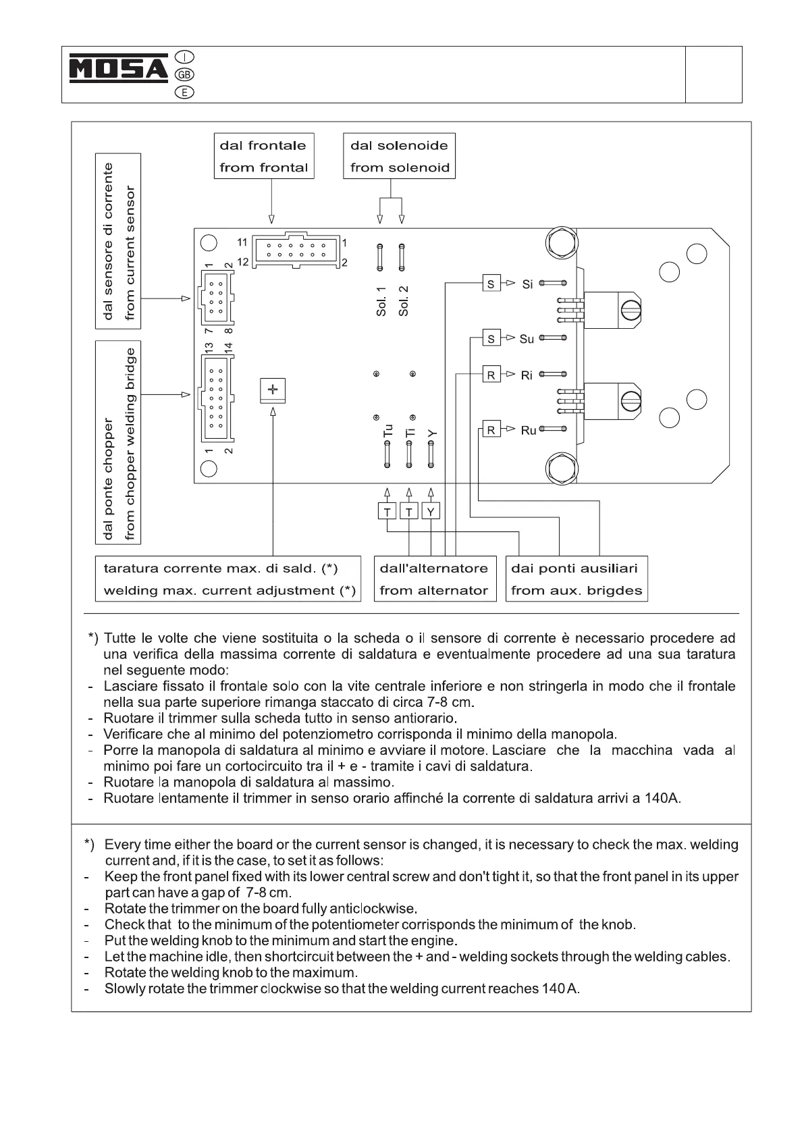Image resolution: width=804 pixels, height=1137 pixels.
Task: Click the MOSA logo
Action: [x=119, y=69]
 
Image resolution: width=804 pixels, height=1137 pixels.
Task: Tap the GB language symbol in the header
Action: [x=184, y=74]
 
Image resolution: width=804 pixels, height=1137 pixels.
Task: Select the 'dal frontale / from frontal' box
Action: [x=264, y=156]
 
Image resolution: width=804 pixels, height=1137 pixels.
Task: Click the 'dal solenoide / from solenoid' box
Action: [x=400, y=156]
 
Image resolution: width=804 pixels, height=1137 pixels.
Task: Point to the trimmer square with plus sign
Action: [x=273, y=390]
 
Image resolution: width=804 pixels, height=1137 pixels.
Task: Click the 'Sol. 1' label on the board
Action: [x=381, y=300]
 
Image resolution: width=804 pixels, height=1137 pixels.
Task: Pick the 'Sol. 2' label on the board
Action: [x=404, y=300]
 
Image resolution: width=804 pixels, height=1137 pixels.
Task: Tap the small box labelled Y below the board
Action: [x=431, y=512]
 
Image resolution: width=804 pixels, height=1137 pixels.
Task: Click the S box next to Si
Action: [x=491, y=284]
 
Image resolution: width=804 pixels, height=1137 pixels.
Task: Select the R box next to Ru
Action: [x=491, y=430]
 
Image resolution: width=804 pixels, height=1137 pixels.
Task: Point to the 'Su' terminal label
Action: [x=527, y=339]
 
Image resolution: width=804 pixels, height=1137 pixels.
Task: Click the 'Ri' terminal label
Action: [x=527, y=375]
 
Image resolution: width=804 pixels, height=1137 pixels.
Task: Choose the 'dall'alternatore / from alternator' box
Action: [x=434, y=579]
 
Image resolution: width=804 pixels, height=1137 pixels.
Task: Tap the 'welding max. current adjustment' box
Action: [x=229, y=579]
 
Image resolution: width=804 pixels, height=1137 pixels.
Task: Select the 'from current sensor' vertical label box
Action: [x=118, y=241]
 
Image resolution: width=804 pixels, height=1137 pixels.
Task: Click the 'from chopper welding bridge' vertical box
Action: [x=118, y=442]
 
